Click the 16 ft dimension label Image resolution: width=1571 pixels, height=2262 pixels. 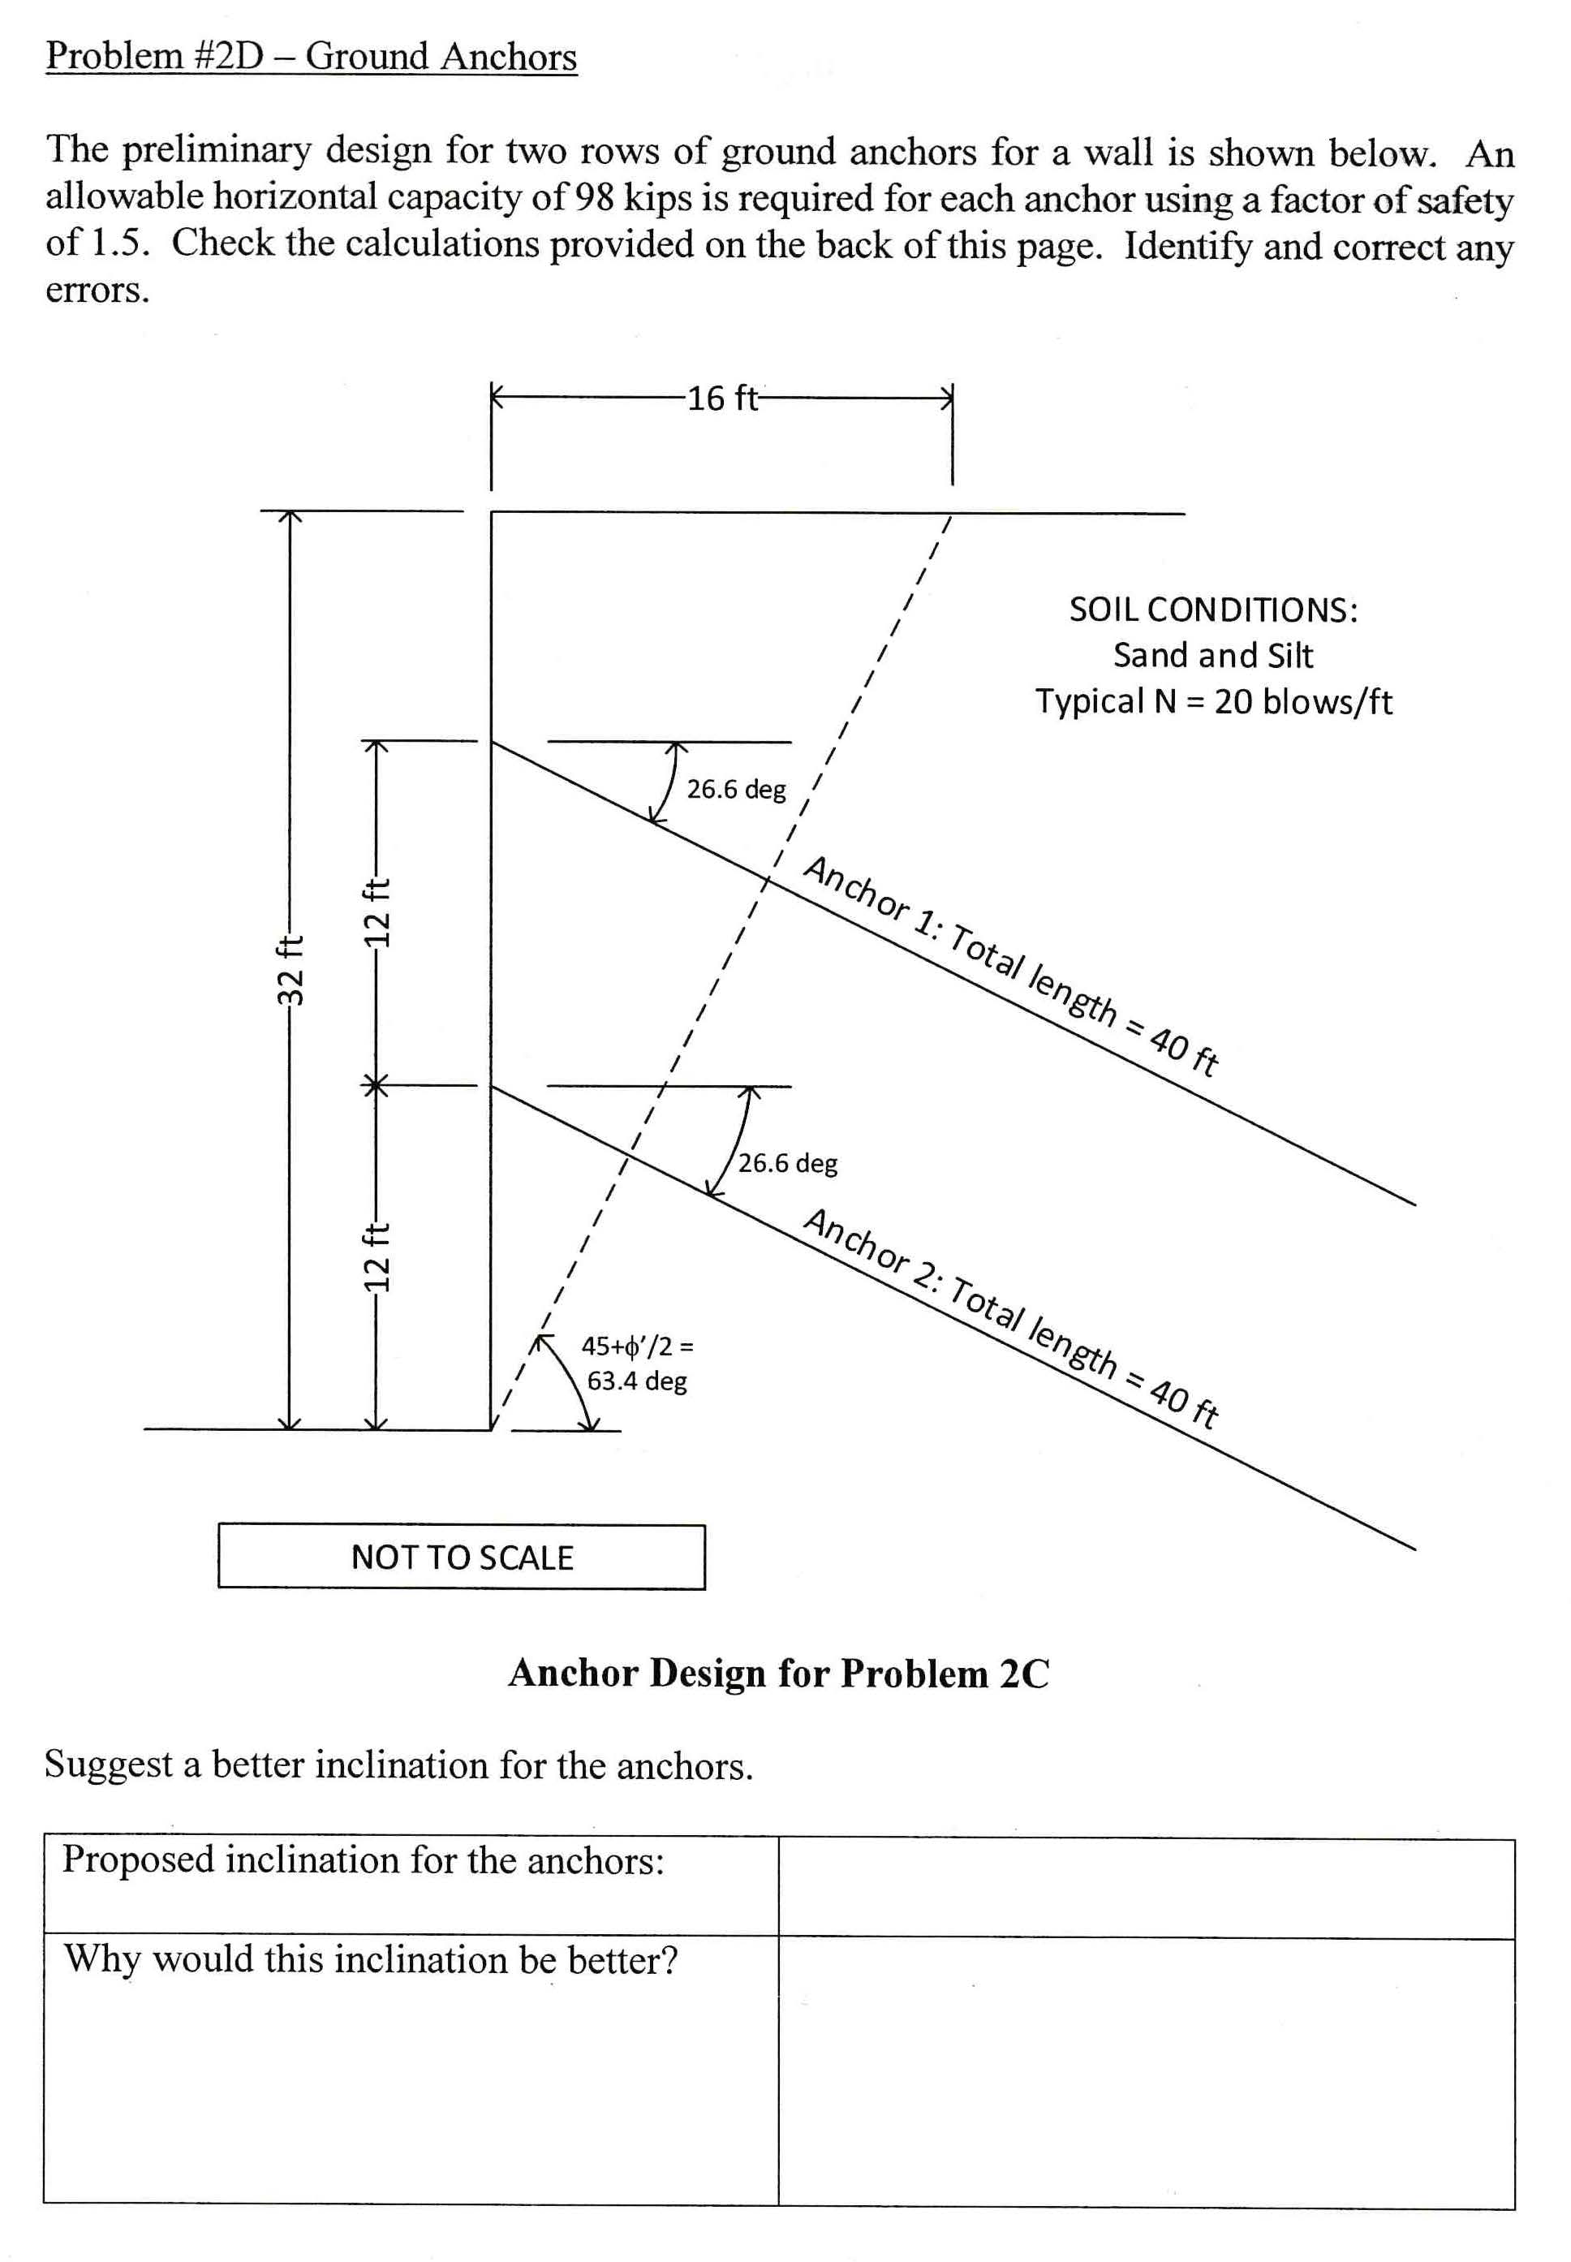pyautogui.click(x=722, y=399)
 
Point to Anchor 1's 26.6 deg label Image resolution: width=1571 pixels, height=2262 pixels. pyautogui.click(x=736, y=790)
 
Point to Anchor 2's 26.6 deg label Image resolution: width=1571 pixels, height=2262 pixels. pyautogui.click(x=787, y=1164)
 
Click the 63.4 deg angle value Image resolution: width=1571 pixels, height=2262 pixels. pyautogui.click(x=637, y=1381)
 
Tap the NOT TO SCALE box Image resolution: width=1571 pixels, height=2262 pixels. pyautogui.click(x=462, y=1558)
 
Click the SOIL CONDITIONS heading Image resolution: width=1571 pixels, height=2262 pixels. pyautogui.click(x=1212, y=610)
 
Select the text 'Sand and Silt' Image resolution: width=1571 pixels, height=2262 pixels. pyautogui.click(x=1212, y=656)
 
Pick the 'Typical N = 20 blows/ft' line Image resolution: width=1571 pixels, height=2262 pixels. pyautogui.click(x=1212, y=702)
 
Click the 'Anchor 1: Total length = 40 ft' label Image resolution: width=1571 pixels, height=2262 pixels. pyautogui.click(x=1012, y=967)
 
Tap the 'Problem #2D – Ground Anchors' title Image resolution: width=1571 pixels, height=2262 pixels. pyautogui.click(x=311, y=56)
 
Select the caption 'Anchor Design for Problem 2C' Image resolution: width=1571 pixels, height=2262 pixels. pyautogui.click(x=779, y=1674)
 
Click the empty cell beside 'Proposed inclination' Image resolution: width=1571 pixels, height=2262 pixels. pyautogui.click(x=1146, y=1887)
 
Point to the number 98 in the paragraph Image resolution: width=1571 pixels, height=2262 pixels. pyautogui.click(x=595, y=198)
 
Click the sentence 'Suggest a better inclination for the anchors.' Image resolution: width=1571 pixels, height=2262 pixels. pyautogui.click(x=398, y=1766)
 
